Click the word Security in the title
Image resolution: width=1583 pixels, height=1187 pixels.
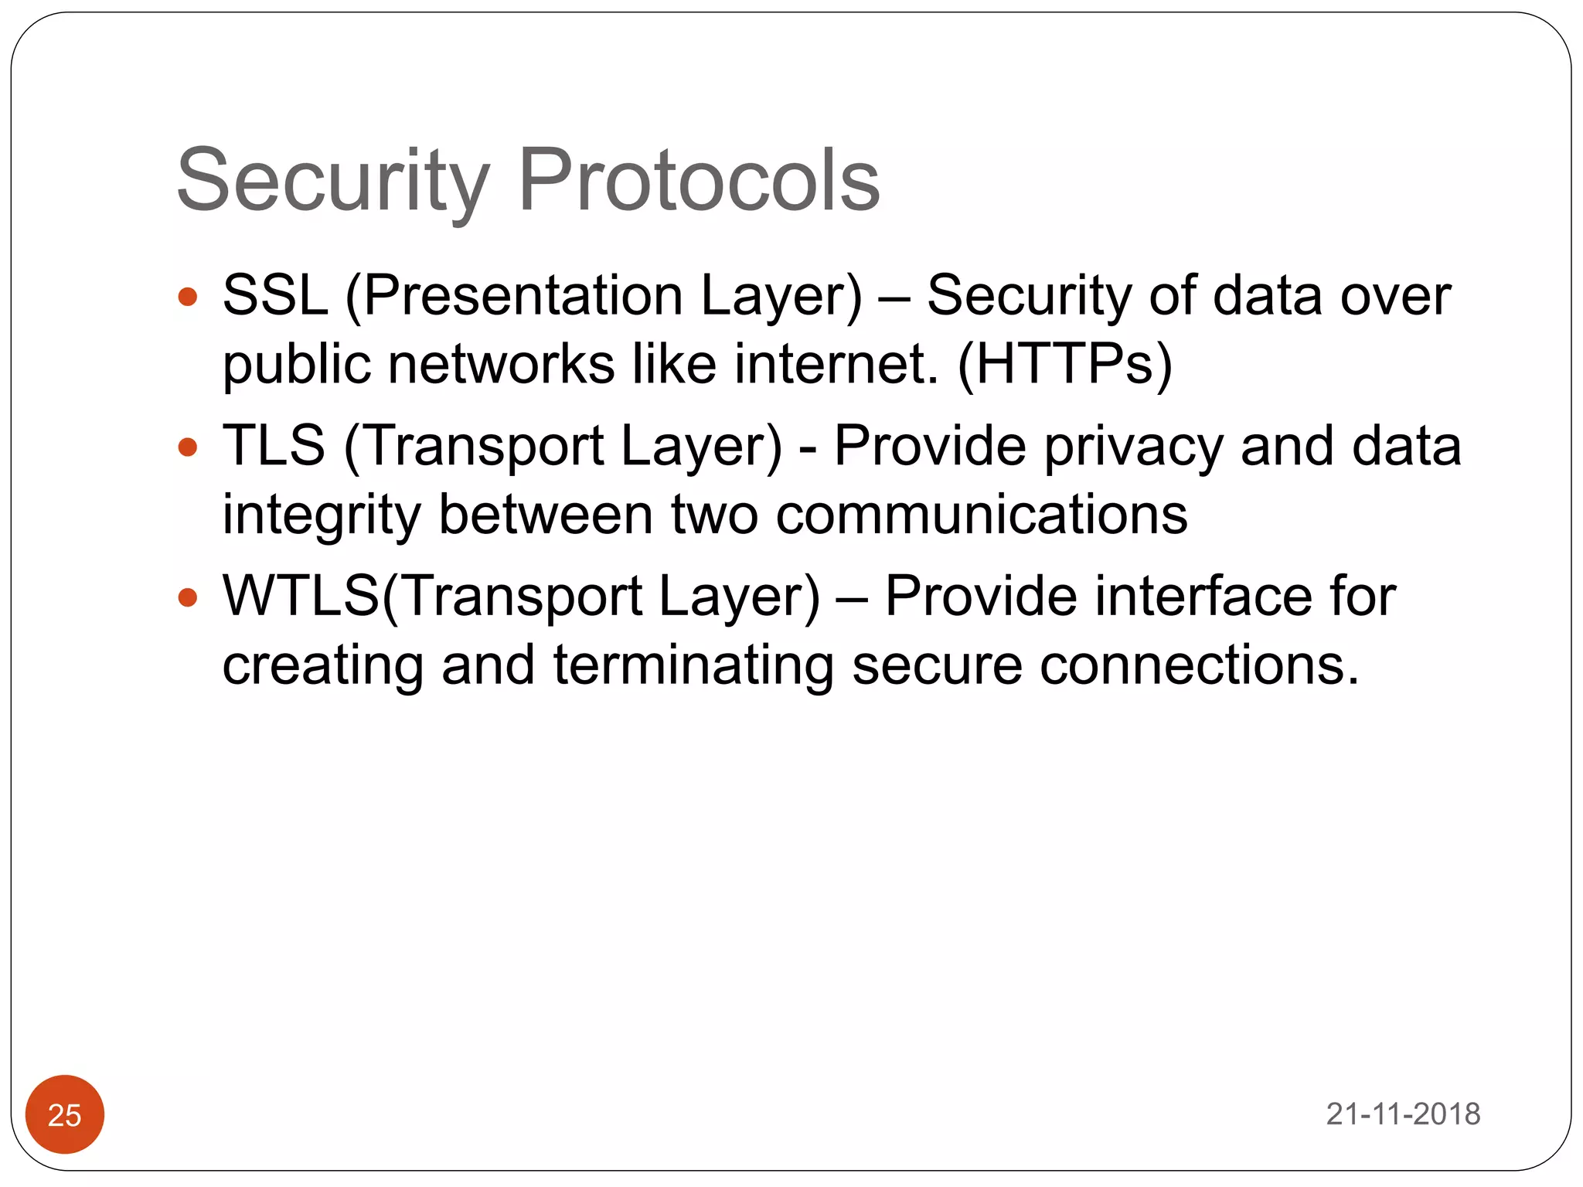(x=333, y=182)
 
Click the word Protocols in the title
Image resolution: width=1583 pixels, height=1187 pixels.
(x=699, y=182)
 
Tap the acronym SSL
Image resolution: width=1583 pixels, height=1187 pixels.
(x=275, y=296)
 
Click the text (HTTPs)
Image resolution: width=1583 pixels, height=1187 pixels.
(x=1064, y=364)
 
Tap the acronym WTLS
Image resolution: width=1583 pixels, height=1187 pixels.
(x=301, y=597)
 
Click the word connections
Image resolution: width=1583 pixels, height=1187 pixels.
(x=1198, y=665)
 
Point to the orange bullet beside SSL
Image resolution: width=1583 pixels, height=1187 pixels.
(x=188, y=297)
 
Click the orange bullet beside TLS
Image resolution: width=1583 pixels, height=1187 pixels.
(x=188, y=447)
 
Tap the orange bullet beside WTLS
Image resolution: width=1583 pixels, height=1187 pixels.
(x=188, y=597)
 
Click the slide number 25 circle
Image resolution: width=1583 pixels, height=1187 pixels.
(x=65, y=1114)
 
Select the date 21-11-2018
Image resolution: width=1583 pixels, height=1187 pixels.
(x=1403, y=1114)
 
